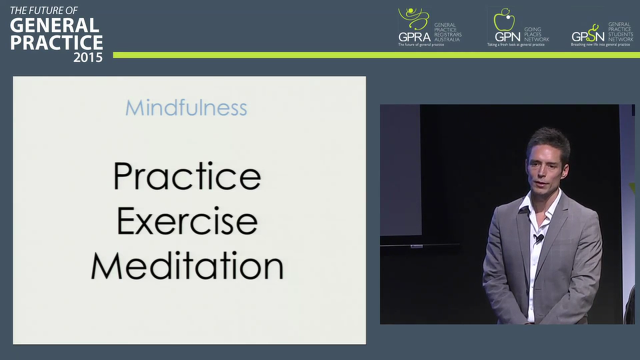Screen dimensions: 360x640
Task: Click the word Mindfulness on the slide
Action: coord(186,108)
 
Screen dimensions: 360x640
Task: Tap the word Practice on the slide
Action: coord(187,176)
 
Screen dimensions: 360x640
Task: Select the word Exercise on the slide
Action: coord(187,221)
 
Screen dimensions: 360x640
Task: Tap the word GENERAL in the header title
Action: coord(54,25)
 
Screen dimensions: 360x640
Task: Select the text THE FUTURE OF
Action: coord(44,10)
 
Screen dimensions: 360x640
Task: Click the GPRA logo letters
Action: coord(414,36)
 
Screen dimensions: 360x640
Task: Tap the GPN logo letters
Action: coord(507,36)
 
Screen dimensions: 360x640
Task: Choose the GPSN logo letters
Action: coord(587,36)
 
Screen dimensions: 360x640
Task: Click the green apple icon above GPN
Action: coord(503,20)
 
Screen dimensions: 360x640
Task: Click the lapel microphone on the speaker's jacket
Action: coord(538,238)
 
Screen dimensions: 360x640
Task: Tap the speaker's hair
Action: coord(548,140)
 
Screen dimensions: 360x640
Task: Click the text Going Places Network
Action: coord(536,34)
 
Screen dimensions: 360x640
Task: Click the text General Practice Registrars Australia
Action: coord(447,31)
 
